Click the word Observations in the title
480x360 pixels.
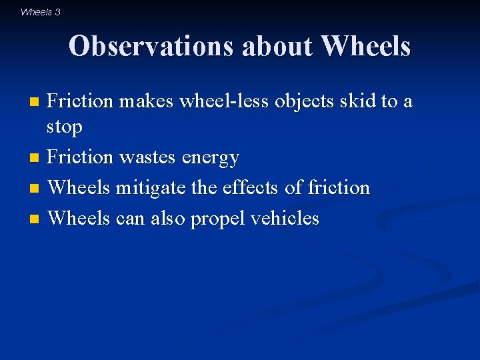(x=151, y=46)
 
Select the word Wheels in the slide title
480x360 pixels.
(x=365, y=46)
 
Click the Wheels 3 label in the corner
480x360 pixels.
(x=40, y=12)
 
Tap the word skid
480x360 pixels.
(x=357, y=101)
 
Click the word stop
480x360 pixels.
(x=65, y=127)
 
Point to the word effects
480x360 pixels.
(x=248, y=188)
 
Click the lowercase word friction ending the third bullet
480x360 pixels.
(x=339, y=188)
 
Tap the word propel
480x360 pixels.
(x=215, y=219)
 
